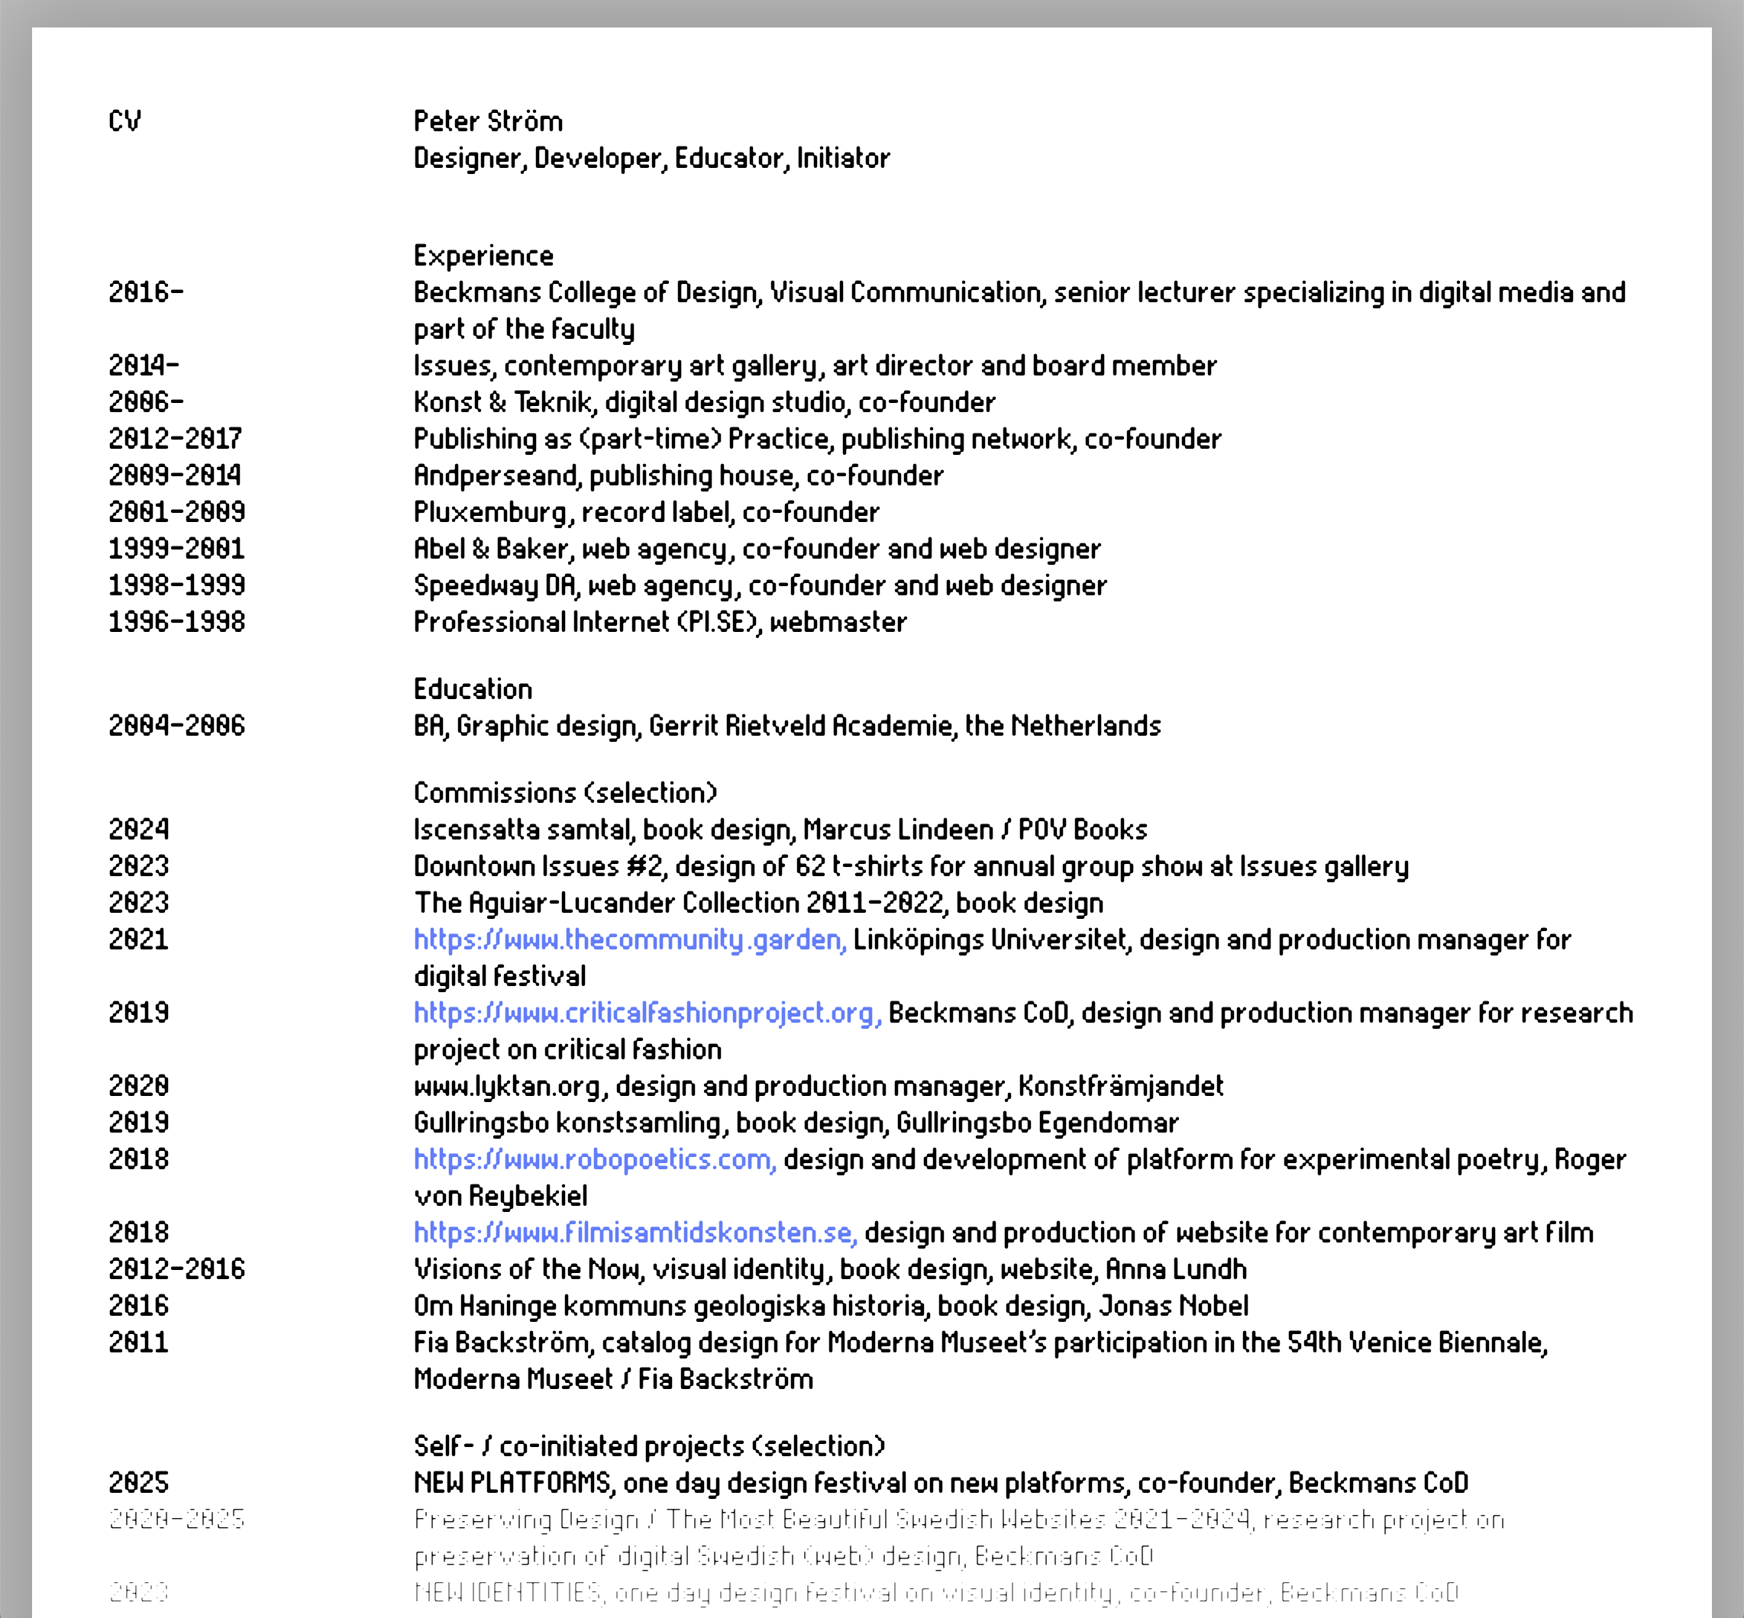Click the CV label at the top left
[x=124, y=121]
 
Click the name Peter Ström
[x=488, y=121]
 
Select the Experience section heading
[x=483, y=256]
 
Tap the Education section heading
[x=473, y=689]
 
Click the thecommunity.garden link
[x=630, y=940]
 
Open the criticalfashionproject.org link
[x=648, y=1013]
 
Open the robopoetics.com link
[x=595, y=1159]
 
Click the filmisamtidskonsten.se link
[x=635, y=1233]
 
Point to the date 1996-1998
[x=177, y=623]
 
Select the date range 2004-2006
[x=177, y=726]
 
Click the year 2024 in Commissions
[x=139, y=829]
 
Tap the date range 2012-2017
[x=175, y=439]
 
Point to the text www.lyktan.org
[x=508, y=1087]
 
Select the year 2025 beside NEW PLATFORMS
[x=138, y=1482]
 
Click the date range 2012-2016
[x=177, y=1269]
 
